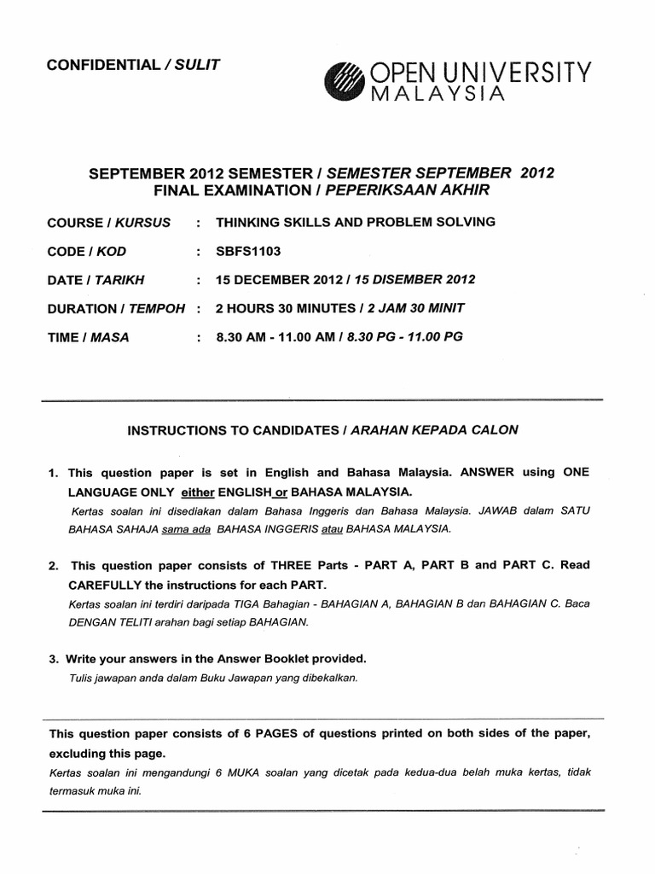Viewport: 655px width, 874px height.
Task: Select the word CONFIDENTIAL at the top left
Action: coord(103,66)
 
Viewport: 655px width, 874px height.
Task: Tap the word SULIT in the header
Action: coord(197,66)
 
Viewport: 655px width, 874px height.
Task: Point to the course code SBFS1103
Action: coord(248,250)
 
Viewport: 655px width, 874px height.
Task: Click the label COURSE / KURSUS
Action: coord(109,222)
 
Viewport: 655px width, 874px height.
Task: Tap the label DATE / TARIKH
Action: coord(96,279)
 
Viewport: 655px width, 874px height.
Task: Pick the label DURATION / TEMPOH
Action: coord(116,308)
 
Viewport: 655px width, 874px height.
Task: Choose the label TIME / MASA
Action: coord(89,337)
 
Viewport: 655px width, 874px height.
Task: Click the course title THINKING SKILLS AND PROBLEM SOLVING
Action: coord(356,222)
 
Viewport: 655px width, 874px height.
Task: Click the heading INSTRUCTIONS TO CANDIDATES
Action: coord(231,430)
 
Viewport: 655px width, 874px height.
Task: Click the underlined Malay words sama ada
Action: coord(187,529)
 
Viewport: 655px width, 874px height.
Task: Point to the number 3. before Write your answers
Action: coord(53,658)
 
